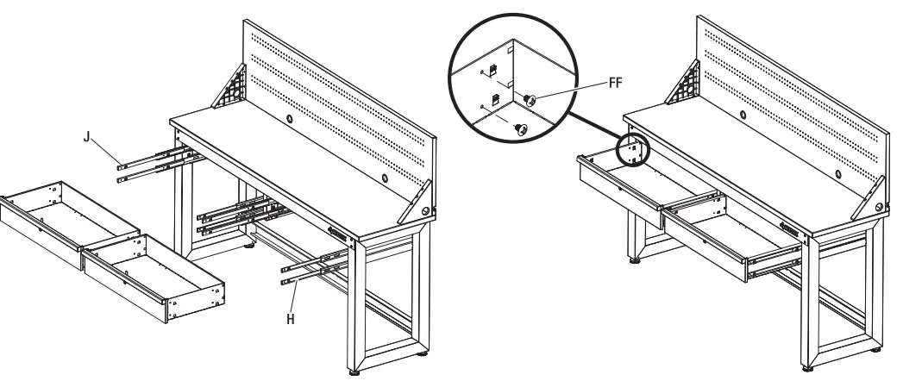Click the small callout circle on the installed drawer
pos(634,148)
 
